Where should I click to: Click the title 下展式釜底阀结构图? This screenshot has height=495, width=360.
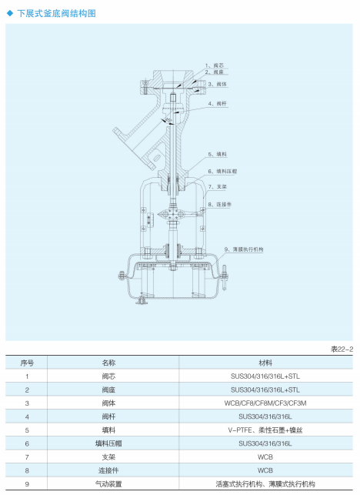click(x=56, y=13)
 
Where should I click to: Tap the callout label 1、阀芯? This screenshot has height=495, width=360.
click(x=215, y=65)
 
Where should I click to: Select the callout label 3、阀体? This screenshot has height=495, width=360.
click(x=218, y=84)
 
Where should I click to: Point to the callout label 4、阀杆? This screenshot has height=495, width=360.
click(x=218, y=104)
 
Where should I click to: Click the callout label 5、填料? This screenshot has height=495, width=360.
click(x=218, y=154)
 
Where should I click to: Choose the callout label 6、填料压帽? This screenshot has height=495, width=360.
click(x=222, y=172)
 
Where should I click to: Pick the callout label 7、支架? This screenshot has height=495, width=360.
click(x=218, y=186)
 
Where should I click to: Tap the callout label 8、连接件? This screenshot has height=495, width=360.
click(x=219, y=205)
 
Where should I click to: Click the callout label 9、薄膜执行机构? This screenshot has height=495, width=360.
click(x=244, y=249)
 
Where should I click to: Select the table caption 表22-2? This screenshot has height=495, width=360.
click(x=342, y=350)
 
